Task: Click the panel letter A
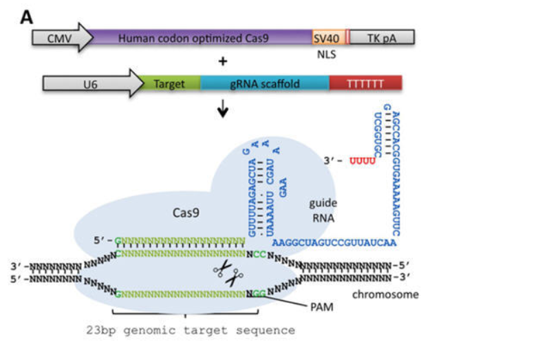[x=26, y=15]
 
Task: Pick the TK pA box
[x=382, y=39]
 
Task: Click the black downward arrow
[x=223, y=108]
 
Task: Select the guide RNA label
[x=321, y=210]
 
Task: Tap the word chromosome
[x=385, y=295]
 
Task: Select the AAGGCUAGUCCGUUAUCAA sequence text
[x=334, y=242]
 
